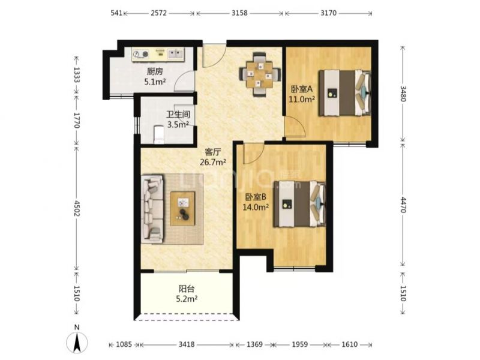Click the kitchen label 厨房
155,71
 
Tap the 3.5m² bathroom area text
178,125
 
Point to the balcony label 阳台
187,289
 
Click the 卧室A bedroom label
302,89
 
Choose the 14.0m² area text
256,207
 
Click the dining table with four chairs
260,74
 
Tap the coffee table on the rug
183,208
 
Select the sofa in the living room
152,209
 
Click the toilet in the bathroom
159,134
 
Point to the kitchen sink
175,54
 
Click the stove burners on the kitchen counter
140,55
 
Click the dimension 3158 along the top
239,13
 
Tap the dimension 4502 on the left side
77,208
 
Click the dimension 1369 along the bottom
254,344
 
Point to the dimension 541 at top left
116,13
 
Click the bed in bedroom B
299,204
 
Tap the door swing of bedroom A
295,126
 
